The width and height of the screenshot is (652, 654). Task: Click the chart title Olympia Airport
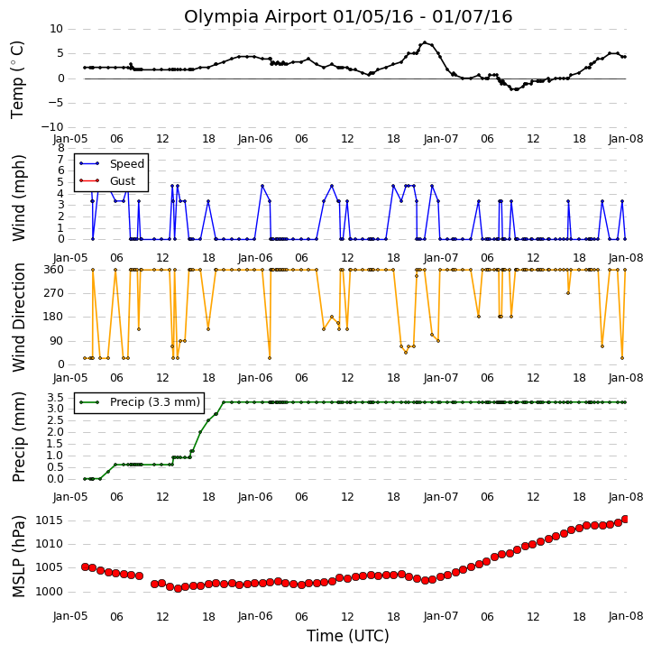point(255,17)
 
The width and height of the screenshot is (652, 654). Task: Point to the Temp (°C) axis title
point(16,79)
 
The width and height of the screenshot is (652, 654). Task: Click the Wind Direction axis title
point(19,317)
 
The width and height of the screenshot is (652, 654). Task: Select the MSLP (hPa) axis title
point(19,556)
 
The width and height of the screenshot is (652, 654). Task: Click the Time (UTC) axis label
point(348,636)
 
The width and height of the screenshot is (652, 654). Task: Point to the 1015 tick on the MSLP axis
point(50,520)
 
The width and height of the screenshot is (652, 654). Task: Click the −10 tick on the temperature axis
point(51,127)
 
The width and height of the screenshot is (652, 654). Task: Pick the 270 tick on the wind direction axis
point(54,293)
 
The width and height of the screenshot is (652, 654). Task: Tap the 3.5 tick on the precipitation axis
point(55,397)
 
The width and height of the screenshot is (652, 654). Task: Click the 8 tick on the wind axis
point(60,148)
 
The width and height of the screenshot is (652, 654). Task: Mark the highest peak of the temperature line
point(425,42)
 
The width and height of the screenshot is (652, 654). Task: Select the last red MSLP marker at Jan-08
point(625,520)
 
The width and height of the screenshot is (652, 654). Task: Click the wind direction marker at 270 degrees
point(568,293)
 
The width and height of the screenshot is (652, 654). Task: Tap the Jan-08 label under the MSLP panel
point(625,616)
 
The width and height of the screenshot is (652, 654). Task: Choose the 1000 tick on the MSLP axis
point(50,592)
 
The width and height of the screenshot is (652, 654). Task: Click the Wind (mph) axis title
point(19,198)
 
